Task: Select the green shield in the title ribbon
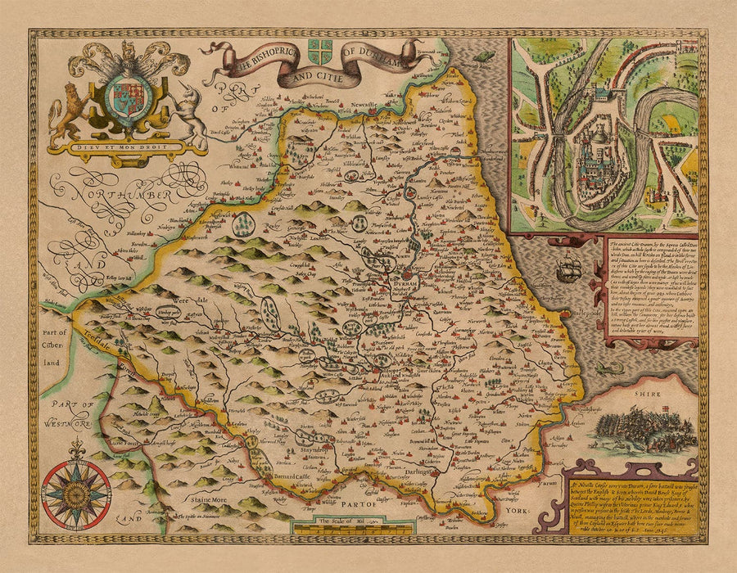[320, 47]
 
